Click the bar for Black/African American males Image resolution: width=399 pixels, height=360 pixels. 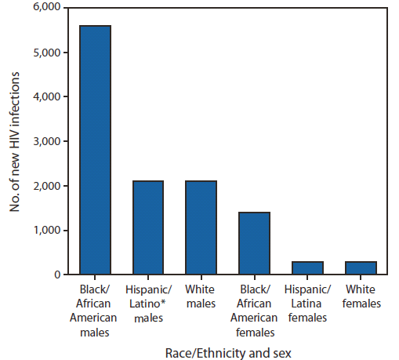pos(94,150)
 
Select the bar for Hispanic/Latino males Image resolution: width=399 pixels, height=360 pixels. pos(147,227)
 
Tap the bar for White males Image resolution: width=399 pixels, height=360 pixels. pos(201,227)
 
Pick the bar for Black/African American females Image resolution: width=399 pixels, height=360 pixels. pos(254,243)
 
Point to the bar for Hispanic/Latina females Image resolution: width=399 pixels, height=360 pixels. pos(307,267)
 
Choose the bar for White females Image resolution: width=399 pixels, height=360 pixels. pos(361,267)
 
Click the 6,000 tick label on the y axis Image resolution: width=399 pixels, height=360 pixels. pos(46,8)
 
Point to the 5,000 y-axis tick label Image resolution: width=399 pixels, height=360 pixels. pos(46,53)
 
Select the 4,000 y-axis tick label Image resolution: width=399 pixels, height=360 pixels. pos(46,97)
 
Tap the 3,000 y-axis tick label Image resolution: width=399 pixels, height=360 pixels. pos(46,141)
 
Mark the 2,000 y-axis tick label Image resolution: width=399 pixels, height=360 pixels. pos(46,186)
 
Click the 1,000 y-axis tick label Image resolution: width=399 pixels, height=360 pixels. pos(46,231)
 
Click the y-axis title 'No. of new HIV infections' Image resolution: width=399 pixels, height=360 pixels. pos(15,141)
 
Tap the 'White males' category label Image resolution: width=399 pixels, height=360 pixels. pos(201,296)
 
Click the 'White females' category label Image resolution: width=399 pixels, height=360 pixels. pos(361,296)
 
